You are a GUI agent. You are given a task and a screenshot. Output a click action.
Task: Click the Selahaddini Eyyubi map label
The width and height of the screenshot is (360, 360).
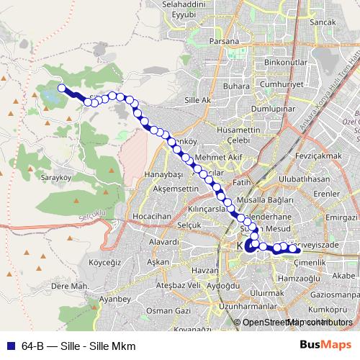click(184, 9)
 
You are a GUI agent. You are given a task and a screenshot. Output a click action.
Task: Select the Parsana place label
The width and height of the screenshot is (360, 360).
click(224, 41)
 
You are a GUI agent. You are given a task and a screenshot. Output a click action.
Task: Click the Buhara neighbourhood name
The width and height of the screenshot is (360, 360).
click(235, 86)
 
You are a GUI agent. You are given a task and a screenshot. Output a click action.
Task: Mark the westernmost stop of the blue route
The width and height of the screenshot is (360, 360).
click(62, 89)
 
